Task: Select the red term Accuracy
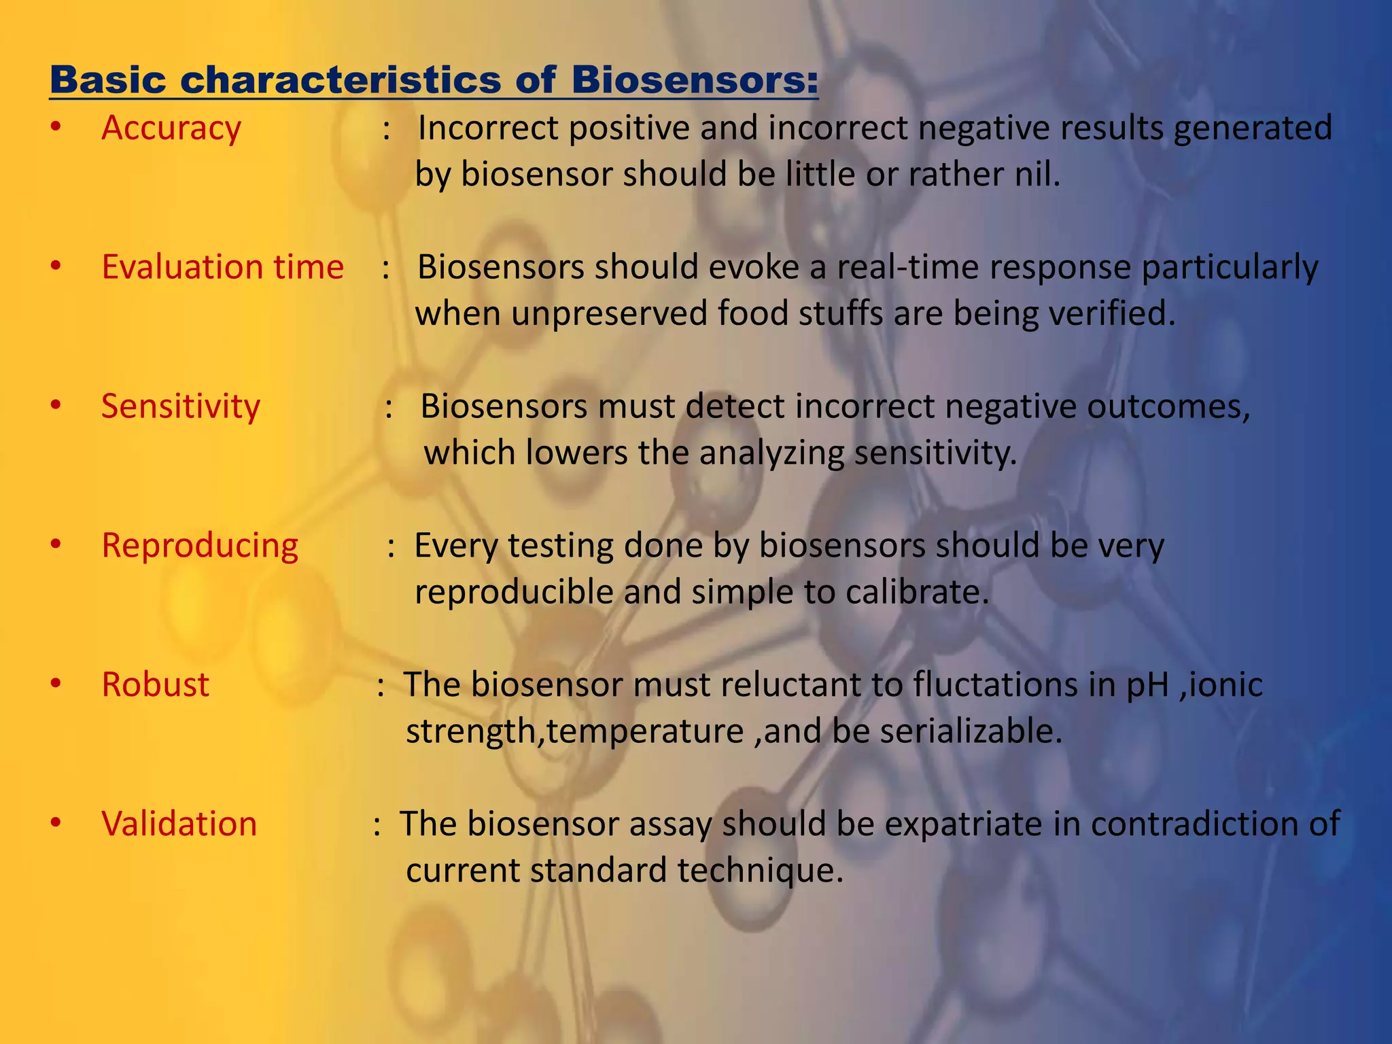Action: [171, 128]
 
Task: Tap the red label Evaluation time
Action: [222, 267]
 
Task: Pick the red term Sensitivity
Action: [181, 406]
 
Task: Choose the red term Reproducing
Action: [200, 546]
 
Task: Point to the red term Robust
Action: [155, 685]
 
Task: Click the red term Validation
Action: [179, 824]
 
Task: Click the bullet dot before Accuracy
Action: [56, 128]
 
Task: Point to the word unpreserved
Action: [609, 314]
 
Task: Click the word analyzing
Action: [771, 453]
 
